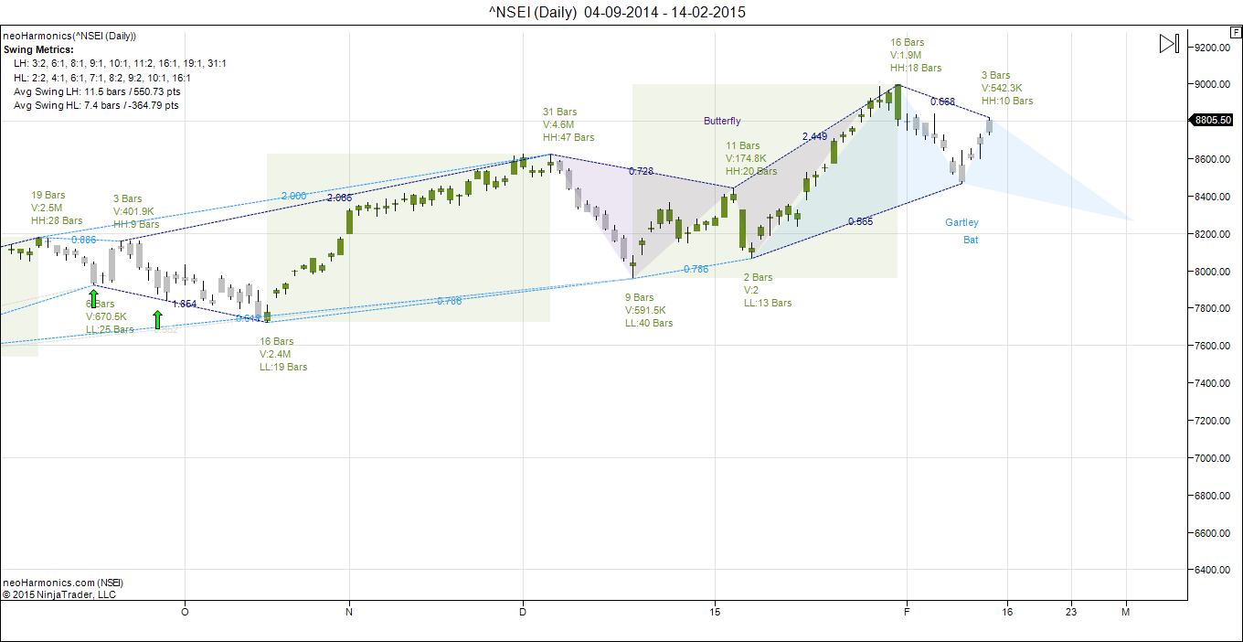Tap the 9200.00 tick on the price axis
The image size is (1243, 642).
[1213, 48]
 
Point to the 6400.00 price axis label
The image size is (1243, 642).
[1213, 570]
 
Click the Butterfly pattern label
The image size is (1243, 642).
[722, 121]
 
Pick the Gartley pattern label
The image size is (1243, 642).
[961, 222]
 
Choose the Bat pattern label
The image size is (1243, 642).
[971, 240]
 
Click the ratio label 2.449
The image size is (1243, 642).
[814, 136]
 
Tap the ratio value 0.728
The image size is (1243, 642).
[641, 171]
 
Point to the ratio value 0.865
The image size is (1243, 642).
[860, 221]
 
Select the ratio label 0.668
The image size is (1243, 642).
[942, 102]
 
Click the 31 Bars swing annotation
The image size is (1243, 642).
[560, 112]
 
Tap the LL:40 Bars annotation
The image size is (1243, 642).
[649, 323]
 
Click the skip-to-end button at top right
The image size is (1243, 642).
[1168, 43]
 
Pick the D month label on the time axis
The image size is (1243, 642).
[523, 612]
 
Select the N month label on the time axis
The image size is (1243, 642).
[349, 612]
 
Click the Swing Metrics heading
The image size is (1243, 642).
[38, 49]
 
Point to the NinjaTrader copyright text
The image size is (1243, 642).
[59, 594]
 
